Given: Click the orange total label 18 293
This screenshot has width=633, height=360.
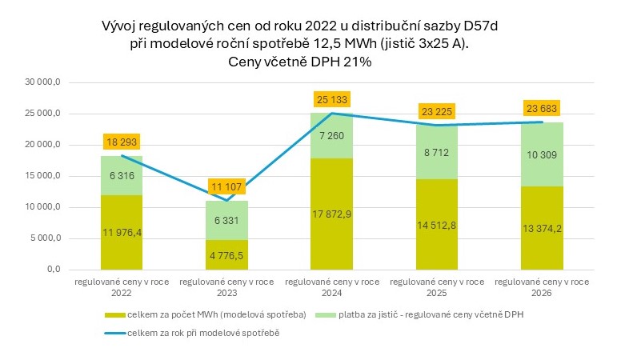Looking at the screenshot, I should pyautogui.click(x=122, y=142).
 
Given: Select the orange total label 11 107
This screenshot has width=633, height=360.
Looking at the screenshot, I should pyautogui.click(x=226, y=186).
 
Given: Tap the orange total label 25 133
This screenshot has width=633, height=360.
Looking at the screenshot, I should pyautogui.click(x=331, y=100).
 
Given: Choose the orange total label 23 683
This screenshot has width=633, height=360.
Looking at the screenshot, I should pyautogui.click(x=542, y=109).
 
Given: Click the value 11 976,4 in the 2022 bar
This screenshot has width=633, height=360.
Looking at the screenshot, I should pyautogui.click(x=122, y=233).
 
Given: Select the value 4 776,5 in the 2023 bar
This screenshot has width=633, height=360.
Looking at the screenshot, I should pyautogui.click(x=226, y=255).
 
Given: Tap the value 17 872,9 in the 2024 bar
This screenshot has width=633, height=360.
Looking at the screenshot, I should pyautogui.click(x=331, y=214).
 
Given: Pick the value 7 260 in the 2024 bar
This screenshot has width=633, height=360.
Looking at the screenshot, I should pyautogui.click(x=331, y=136).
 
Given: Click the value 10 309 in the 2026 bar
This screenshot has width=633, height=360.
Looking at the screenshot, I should pyautogui.click(x=542, y=154).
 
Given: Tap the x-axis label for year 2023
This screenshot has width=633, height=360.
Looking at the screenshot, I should pyautogui.click(x=226, y=287).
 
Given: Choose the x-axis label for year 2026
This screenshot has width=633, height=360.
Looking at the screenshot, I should pyautogui.click(x=542, y=287).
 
